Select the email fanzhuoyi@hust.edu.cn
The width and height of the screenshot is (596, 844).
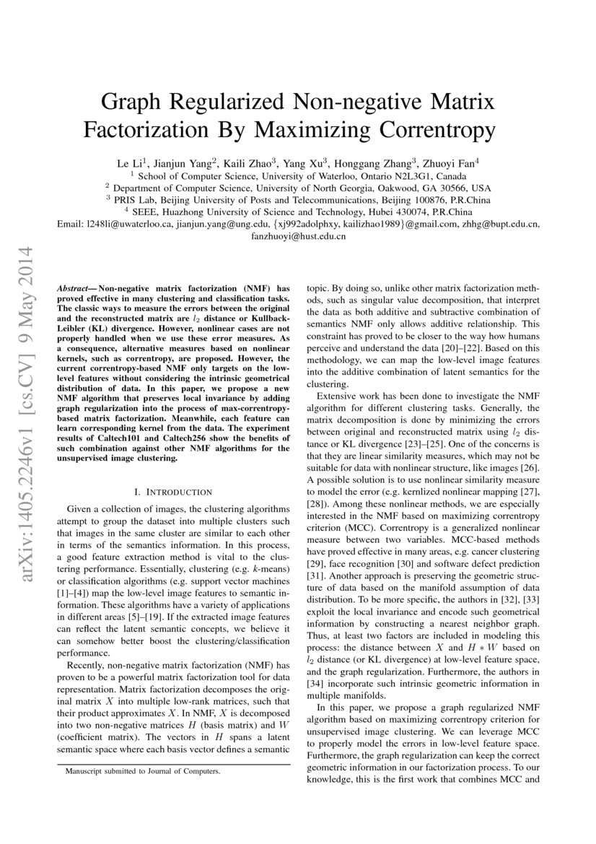298,237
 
